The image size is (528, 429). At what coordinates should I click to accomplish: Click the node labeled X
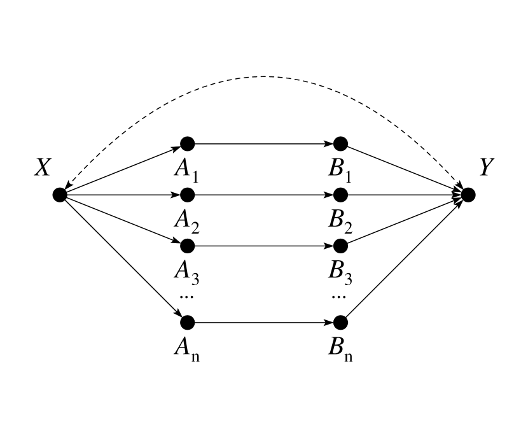pyautogui.click(x=60, y=195)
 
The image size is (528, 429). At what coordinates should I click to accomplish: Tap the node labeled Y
pyautogui.click(x=468, y=195)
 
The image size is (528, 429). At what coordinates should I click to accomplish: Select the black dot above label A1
pyautogui.click(x=186, y=143)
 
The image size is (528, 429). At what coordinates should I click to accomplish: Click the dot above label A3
pyautogui.click(x=186, y=245)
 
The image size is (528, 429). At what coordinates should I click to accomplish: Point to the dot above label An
pyautogui.click(x=186, y=322)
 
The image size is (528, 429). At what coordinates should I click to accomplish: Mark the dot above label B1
pyautogui.click(x=340, y=143)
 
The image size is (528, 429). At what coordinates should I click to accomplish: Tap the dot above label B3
pyautogui.click(x=340, y=245)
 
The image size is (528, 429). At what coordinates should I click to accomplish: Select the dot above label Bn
pyautogui.click(x=340, y=322)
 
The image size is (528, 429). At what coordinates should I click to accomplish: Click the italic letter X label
pyautogui.click(x=43, y=167)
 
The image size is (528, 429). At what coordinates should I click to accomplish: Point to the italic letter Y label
pyautogui.click(x=487, y=167)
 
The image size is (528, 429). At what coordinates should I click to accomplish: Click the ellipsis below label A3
pyautogui.click(x=186, y=296)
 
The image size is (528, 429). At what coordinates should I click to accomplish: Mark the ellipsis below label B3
pyautogui.click(x=339, y=296)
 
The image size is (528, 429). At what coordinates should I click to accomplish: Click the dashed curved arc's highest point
pyautogui.click(x=263, y=77)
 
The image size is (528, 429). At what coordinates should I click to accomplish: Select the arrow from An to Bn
pyautogui.click(x=263, y=322)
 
